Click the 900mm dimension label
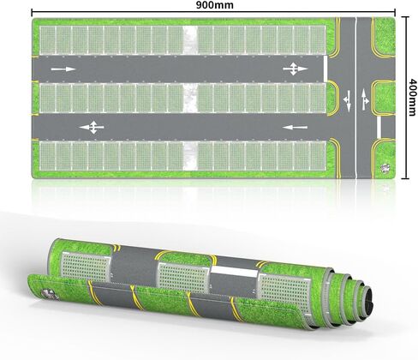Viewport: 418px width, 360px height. click(x=214, y=5)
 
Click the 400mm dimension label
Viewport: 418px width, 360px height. click(x=411, y=98)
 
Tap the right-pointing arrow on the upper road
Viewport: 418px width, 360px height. click(x=63, y=69)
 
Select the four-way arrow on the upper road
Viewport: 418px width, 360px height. click(x=296, y=69)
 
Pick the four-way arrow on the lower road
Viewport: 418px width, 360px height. click(x=92, y=128)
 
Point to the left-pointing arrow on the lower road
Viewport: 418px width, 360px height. click(x=295, y=127)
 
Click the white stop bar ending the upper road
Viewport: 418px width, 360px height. click(x=325, y=69)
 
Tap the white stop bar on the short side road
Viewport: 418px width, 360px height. click(x=379, y=127)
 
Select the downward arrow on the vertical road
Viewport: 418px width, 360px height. click(x=348, y=100)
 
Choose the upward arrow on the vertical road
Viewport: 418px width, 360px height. click(x=365, y=99)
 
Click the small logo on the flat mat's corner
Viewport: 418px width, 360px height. click(x=385, y=168)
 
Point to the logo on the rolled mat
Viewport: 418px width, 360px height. click(x=49, y=294)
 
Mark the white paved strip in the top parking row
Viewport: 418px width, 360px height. click(x=189, y=40)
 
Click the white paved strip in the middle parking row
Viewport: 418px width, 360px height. click(x=189, y=98)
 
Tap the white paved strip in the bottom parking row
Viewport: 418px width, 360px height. click(x=189, y=156)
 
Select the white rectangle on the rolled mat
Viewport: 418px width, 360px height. click(x=234, y=272)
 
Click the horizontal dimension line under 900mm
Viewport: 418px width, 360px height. click(x=213, y=12)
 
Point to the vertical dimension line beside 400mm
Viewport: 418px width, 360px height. click(x=405, y=98)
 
